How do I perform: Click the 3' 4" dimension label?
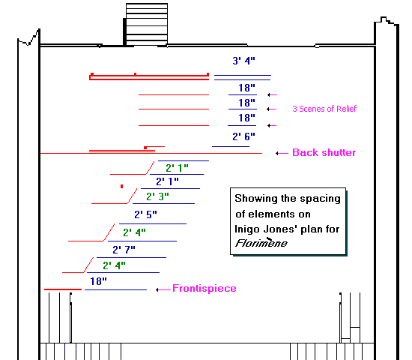[x=243, y=61]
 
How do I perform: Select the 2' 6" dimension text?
[x=243, y=136]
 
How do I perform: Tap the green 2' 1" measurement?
[x=177, y=168]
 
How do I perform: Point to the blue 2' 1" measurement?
[x=167, y=181]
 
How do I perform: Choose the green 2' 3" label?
[x=157, y=196]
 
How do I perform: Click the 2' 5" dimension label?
[x=145, y=214]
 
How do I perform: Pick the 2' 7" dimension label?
[x=124, y=250]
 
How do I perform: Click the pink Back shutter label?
[x=324, y=153]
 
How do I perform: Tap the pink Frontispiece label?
[x=205, y=289]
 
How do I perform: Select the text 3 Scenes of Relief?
[x=324, y=109]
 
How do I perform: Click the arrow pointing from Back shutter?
[x=282, y=153]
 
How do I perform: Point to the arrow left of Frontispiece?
[x=163, y=289]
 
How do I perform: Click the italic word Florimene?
[x=261, y=243]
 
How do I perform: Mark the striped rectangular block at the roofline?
[x=147, y=24]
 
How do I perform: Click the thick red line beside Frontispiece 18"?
[x=63, y=289]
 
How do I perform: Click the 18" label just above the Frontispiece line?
[x=99, y=281]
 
